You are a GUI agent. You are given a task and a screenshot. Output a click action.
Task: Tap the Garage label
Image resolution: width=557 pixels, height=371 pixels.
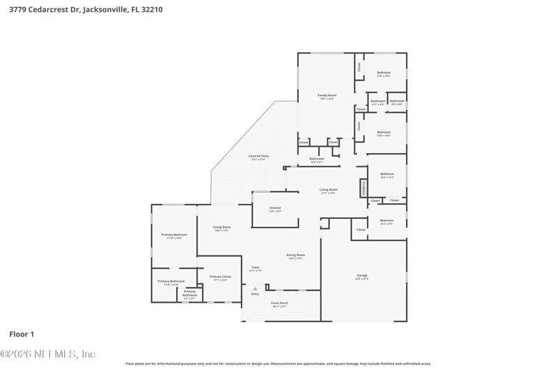[x=362, y=276]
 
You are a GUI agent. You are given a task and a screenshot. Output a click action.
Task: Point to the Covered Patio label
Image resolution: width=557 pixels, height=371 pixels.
[x=258, y=156]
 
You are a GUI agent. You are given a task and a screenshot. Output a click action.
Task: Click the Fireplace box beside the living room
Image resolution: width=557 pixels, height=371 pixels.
[x=363, y=188]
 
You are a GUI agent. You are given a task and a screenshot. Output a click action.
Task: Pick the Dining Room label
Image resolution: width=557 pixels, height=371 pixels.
[x=296, y=255]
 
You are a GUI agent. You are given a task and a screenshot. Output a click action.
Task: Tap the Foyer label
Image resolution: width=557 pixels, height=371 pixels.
[x=256, y=267]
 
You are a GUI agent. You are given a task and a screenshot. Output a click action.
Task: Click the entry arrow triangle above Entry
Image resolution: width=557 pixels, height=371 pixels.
[x=255, y=288]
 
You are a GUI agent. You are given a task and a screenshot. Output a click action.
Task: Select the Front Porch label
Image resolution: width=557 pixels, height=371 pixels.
[x=279, y=303]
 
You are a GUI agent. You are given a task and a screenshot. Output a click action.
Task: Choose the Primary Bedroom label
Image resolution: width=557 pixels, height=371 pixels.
[x=174, y=235]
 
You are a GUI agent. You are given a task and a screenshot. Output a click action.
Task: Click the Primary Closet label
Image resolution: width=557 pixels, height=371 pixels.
[x=221, y=276]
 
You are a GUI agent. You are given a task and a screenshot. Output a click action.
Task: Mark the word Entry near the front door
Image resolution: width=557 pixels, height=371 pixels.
[x=255, y=294]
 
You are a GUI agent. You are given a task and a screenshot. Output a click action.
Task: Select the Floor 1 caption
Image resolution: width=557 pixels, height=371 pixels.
[x=22, y=334]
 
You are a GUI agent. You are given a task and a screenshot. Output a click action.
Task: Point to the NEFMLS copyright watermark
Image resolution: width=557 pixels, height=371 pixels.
[x=47, y=354]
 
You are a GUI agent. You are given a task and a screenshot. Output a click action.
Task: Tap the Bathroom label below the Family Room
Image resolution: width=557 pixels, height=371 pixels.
[x=317, y=159]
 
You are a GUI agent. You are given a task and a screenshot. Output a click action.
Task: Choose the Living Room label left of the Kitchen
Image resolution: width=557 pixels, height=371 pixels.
[x=222, y=227]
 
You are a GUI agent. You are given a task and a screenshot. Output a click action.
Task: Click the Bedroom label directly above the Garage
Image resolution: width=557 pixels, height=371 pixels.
[x=386, y=221]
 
